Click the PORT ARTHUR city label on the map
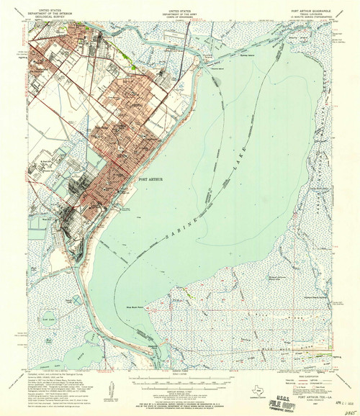click(140, 178)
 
